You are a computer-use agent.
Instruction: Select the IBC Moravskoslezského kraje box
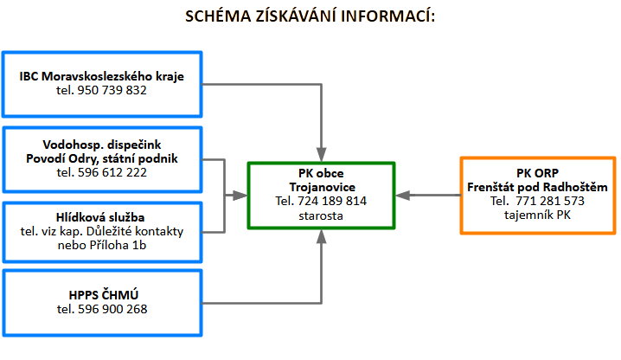[102, 83]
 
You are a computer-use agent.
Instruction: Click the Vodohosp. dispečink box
[102, 159]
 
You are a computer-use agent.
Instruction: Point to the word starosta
[321, 214]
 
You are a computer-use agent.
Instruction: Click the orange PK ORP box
[537, 195]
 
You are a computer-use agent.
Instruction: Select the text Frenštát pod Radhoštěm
[537, 188]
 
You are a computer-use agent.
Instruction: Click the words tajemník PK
[537, 214]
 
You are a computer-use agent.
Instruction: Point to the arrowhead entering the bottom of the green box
[321, 235]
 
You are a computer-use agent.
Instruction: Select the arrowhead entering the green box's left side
[241, 195]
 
